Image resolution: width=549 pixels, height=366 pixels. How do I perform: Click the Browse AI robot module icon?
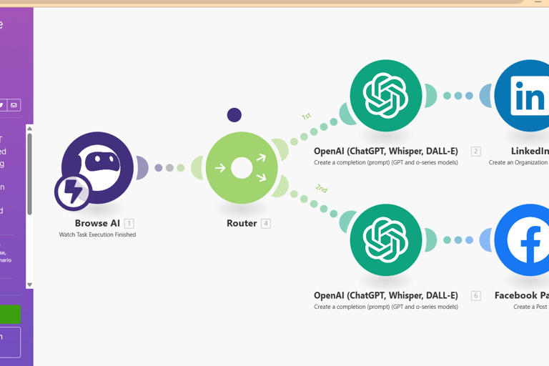98,167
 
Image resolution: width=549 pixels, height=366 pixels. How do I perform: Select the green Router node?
242,168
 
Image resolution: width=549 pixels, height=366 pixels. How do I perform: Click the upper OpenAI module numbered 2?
385,96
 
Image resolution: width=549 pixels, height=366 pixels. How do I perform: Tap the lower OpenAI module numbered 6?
385,240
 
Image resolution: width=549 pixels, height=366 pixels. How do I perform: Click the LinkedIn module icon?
527,96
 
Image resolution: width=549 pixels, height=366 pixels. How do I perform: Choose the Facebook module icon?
527,240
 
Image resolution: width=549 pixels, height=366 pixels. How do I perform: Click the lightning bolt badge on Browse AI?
73,192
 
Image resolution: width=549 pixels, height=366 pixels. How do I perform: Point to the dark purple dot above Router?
234,114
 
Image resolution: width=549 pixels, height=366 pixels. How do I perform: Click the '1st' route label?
306,116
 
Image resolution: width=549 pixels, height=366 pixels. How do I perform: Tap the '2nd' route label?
322,189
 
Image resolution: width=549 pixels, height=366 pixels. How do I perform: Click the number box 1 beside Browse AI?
129,224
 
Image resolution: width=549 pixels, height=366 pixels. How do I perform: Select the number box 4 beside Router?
265,224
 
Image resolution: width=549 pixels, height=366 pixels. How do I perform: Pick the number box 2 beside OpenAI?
475,152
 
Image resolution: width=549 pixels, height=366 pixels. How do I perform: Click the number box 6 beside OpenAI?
475,296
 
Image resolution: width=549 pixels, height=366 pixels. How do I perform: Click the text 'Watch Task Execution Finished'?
97,234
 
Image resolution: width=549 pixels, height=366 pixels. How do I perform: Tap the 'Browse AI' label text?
97,223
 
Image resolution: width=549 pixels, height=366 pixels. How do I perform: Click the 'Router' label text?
242,223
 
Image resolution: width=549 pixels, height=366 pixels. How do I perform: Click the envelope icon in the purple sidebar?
14,105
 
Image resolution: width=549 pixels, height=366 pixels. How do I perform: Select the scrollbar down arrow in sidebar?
29,285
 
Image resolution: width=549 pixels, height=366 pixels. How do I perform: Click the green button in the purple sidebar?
10,315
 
